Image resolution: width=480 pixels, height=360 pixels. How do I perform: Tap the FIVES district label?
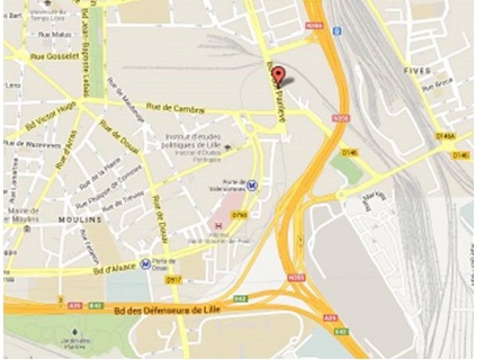click(418, 71)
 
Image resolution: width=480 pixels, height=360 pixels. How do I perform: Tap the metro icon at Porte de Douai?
click(146, 263)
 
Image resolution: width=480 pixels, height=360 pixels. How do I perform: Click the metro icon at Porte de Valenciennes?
click(254, 184)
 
